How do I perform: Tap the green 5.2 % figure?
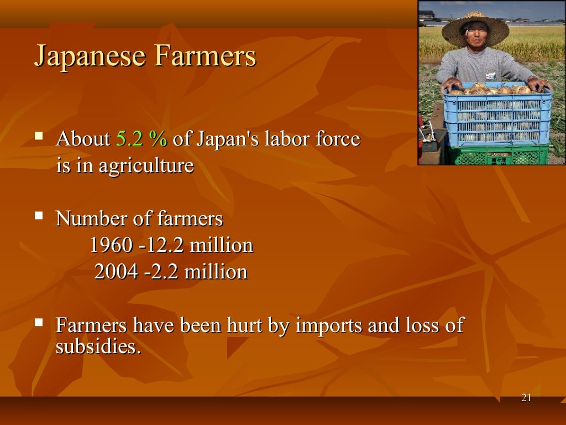(141, 139)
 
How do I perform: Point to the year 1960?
(111, 246)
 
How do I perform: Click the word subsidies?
(97, 347)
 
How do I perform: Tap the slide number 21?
(526, 398)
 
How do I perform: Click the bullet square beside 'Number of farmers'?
(39, 214)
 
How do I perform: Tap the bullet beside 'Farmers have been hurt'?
(39, 321)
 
